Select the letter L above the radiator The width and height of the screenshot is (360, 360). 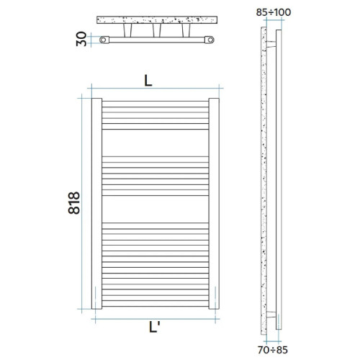pyautogui.click(x=148, y=81)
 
